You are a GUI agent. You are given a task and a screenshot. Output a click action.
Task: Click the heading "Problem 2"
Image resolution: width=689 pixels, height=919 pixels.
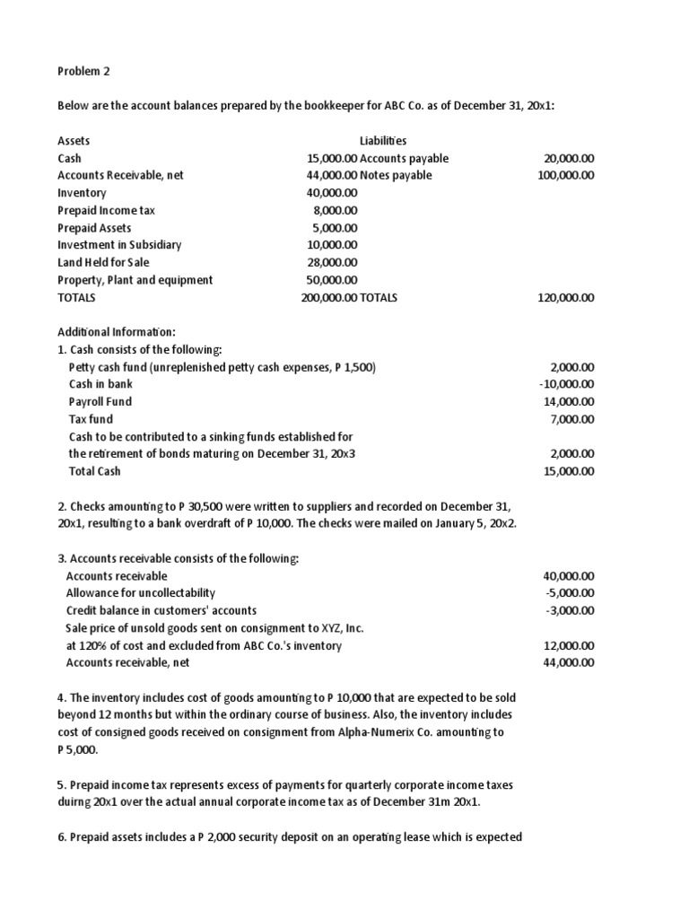[86, 71]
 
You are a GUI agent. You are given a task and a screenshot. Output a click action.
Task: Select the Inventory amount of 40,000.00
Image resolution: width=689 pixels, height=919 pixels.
[332, 193]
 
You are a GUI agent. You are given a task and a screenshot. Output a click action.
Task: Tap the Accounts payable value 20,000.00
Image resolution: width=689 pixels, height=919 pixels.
[569, 158]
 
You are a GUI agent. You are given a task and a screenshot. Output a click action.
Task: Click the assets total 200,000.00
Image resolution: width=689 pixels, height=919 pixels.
[329, 297]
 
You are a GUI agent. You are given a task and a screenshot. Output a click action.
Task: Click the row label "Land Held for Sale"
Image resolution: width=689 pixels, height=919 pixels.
[105, 262]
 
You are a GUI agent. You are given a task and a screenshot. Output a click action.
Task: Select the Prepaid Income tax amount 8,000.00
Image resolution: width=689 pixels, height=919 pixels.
[335, 210]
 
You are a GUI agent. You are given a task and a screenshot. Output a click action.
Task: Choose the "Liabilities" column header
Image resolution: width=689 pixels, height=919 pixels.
[383, 141]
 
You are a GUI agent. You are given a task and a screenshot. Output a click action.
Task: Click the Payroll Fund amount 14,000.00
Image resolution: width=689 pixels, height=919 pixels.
[569, 401]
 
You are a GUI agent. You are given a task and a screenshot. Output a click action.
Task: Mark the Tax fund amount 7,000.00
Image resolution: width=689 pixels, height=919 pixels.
[571, 419]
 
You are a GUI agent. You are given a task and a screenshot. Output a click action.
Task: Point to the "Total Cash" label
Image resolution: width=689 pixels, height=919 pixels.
[94, 471]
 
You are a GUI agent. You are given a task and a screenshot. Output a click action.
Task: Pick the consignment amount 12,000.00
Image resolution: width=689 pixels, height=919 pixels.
[569, 645]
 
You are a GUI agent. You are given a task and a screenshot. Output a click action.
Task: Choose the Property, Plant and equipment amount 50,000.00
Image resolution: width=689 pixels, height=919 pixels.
[332, 280]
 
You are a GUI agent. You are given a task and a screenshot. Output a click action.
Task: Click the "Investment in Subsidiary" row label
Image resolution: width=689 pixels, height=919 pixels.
[119, 245]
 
